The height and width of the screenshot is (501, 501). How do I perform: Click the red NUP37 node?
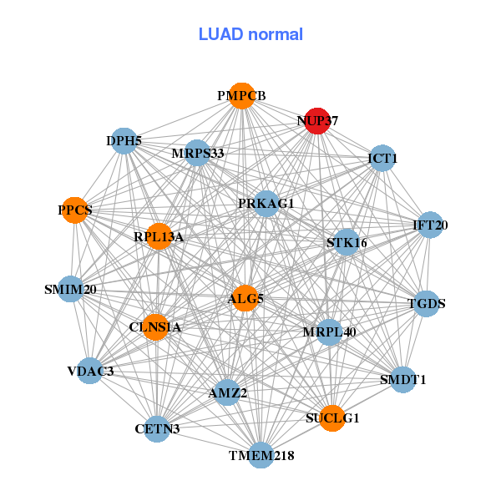tap(316, 121)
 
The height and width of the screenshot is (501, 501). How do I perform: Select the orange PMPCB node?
tap(241, 95)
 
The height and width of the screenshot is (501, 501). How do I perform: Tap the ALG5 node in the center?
tap(245, 298)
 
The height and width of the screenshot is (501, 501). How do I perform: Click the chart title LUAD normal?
tap(250, 34)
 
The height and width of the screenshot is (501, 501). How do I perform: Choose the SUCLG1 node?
tap(332, 418)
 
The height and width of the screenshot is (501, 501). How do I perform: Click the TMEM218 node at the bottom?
tap(261, 455)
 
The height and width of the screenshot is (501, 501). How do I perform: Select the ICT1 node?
tap(382, 159)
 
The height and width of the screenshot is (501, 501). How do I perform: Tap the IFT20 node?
tap(430, 225)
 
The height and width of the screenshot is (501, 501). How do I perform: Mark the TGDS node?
tap(426, 304)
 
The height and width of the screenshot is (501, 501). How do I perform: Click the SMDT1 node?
tap(402, 379)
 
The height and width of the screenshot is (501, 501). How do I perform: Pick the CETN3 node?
tap(157, 429)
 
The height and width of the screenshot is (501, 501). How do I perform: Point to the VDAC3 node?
tap(90, 371)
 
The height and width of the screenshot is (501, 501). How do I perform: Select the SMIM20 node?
tap(71, 290)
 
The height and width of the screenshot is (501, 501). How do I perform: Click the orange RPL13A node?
tap(159, 237)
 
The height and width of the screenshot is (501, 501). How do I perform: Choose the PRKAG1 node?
tap(266, 203)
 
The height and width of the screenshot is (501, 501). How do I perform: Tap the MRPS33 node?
tap(197, 153)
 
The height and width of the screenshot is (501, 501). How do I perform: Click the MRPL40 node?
tap(329, 332)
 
